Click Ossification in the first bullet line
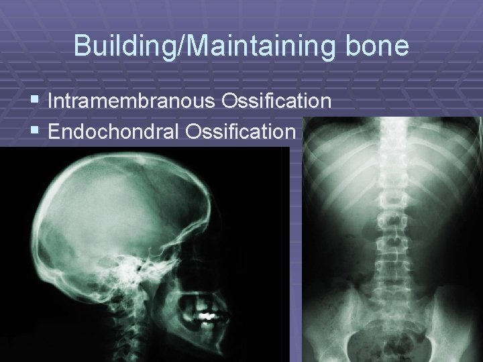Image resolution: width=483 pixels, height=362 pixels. (284, 103)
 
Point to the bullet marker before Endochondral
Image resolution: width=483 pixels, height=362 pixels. (36, 131)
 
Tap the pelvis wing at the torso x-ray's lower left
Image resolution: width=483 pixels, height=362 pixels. (329, 322)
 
